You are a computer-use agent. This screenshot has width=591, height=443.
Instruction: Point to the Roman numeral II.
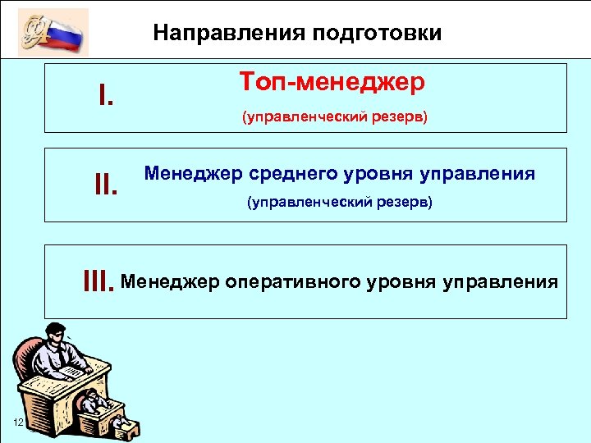[108, 186]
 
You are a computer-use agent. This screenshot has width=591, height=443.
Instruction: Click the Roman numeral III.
[98, 283]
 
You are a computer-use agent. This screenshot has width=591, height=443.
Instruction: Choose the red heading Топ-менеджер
[332, 82]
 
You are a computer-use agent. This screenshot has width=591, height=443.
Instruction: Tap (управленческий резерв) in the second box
[340, 202]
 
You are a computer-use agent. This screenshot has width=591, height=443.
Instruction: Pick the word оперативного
[289, 283]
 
